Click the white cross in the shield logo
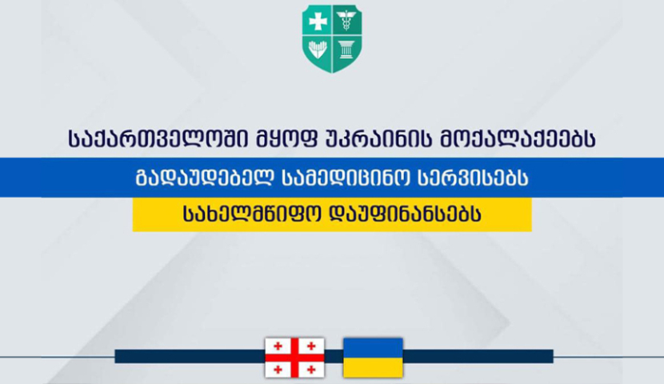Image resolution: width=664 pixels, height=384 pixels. pos(318,22)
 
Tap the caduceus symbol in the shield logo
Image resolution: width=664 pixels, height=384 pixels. pos(346,21)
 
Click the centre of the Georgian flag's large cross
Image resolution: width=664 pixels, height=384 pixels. pos(294,357)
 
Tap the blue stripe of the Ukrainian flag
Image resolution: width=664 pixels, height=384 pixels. pos(372,347)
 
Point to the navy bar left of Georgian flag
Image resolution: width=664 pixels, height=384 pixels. pos(189,357)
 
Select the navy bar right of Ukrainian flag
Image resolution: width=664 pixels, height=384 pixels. pos(478,357)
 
